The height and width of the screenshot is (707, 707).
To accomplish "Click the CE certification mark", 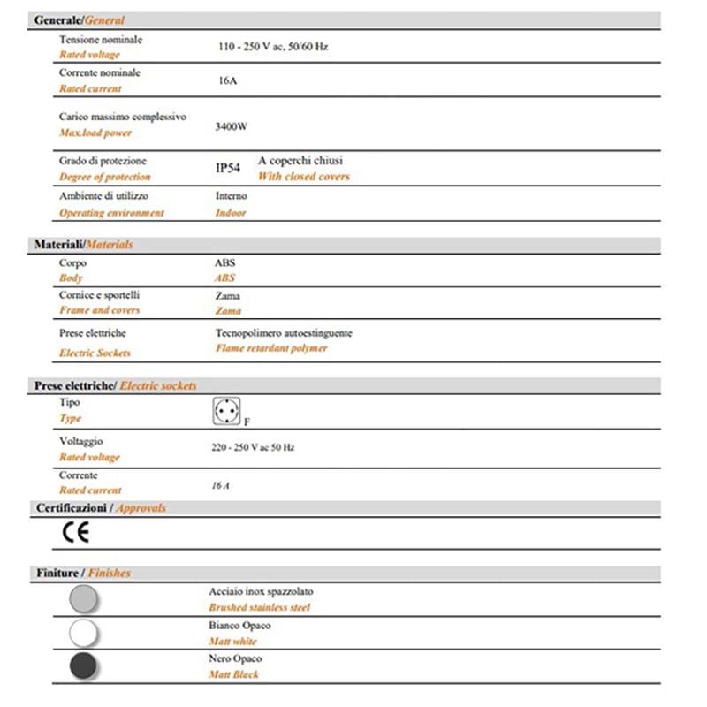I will click(x=75, y=532).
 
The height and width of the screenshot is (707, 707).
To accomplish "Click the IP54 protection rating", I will click(x=228, y=167).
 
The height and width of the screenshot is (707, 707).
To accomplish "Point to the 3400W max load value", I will click(x=231, y=126).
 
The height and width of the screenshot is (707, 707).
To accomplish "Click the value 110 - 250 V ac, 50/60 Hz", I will click(x=273, y=47).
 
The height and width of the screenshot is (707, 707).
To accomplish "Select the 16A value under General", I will click(x=226, y=80).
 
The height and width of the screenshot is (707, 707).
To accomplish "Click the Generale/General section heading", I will click(x=80, y=19).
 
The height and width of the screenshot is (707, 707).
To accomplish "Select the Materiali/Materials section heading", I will click(x=83, y=244).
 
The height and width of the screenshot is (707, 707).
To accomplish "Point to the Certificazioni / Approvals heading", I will click(x=101, y=508).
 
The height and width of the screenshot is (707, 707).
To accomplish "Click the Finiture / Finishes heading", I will click(x=83, y=573).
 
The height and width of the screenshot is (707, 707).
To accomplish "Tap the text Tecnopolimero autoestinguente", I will click(x=284, y=333).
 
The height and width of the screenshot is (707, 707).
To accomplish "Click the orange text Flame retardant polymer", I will click(x=271, y=348).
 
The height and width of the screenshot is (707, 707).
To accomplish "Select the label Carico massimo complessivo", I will click(x=123, y=117).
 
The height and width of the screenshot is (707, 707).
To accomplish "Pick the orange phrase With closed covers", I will click(x=304, y=177).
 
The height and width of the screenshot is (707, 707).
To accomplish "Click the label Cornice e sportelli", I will click(x=99, y=295).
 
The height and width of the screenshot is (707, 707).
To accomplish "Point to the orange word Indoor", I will click(x=231, y=213).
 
